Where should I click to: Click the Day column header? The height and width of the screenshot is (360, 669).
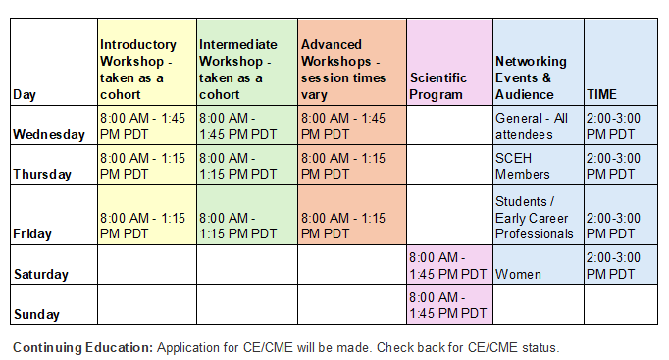point(25,94)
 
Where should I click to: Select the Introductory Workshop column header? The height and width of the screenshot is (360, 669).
point(137,70)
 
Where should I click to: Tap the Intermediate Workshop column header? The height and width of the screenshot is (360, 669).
point(238,70)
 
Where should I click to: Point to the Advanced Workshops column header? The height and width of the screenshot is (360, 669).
point(343,70)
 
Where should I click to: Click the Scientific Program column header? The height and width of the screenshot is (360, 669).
point(438,86)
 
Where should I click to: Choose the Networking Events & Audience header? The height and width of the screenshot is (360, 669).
point(531,78)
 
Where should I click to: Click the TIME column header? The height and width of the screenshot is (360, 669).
point(601,94)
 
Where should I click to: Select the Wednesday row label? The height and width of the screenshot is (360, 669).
point(49,134)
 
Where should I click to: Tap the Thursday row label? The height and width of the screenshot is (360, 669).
point(42,174)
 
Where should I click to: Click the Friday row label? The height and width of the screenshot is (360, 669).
point(32,233)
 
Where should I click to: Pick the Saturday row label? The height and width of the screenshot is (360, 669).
point(41,274)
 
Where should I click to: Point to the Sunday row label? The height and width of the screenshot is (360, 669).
point(36,314)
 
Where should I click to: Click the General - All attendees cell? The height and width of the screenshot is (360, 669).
point(532,127)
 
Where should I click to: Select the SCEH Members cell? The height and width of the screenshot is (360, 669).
point(522,166)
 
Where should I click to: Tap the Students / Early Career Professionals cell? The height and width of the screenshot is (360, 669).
point(535,218)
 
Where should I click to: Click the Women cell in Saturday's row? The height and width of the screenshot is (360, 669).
point(518,274)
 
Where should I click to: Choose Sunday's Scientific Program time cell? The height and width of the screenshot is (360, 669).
point(447,305)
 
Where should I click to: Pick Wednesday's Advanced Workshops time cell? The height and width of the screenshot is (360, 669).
point(343,127)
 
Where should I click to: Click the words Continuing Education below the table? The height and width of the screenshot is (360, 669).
point(82,347)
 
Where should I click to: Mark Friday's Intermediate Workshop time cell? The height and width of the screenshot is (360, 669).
point(237,226)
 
